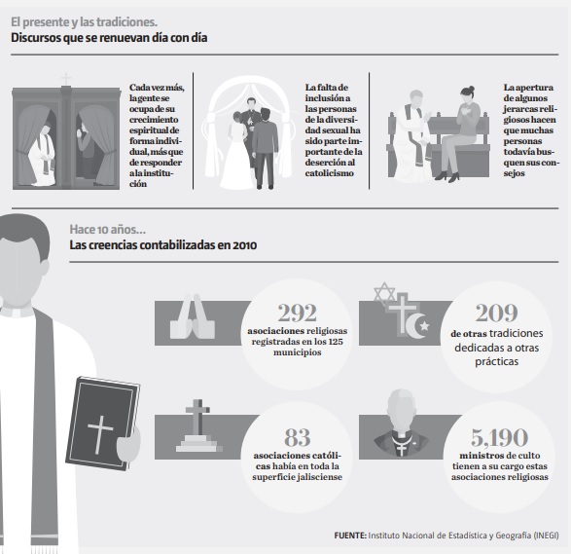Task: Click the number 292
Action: [297, 313]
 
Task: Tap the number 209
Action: [496, 313]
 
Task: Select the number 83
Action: [297, 437]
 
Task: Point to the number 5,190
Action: [499, 437]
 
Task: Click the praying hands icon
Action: [193, 316]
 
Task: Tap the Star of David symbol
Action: [384, 294]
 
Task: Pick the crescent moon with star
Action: [417, 325]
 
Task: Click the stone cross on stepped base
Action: [197, 425]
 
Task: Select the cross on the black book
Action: [100, 434]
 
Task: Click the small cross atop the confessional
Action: [66, 79]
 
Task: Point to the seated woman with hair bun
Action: [460, 134]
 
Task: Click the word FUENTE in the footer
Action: [350, 536]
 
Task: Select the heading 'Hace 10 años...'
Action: [107, 229]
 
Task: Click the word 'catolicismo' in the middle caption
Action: [329, 172]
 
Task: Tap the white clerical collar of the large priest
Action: [18, 313]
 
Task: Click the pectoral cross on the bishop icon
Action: [402, 449]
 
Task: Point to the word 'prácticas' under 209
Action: [496, 361]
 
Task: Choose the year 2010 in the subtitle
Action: [245, 245]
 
